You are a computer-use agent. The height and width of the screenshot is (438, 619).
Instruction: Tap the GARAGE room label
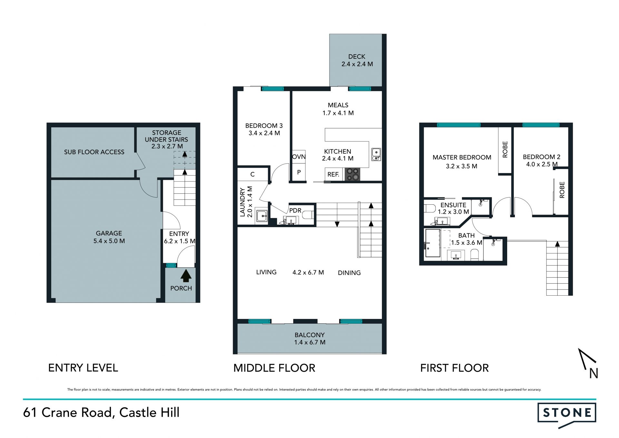point(109,233)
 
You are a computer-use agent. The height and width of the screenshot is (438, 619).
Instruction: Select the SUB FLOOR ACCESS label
point(94,152)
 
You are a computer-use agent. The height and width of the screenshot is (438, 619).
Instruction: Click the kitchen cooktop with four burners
point(352,174)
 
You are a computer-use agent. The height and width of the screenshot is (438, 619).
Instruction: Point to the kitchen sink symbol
point(376,154)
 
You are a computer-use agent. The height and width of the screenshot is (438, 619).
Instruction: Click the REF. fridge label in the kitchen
point(333,175)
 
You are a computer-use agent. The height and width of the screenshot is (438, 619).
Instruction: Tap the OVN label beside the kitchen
point(299,157)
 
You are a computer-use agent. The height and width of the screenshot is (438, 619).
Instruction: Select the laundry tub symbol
point(261,215)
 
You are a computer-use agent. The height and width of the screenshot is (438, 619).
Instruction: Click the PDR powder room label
point(295,210)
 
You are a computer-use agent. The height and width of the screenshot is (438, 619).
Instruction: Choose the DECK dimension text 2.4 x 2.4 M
point(357,64)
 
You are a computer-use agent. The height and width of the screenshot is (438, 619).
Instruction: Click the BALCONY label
point(309,335)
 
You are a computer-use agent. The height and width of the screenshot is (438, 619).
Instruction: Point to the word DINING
point(349,273)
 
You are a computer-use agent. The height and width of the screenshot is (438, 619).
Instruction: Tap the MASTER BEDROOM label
point(462,158)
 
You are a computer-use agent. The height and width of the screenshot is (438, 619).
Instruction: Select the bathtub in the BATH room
point(433,243)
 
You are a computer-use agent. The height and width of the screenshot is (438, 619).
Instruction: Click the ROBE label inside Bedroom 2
point(562,190)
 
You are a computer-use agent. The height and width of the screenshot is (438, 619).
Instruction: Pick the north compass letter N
point(594,373)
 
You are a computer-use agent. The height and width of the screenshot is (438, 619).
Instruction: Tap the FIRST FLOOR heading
point(454,368)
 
